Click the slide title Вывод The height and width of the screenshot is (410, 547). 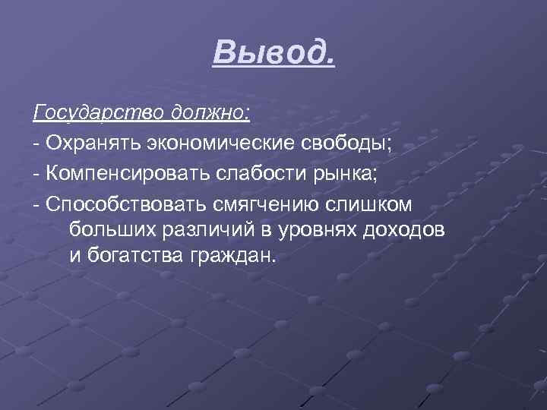pyautogui.click(x=273, y=52)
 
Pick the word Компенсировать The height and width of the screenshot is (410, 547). pyautogui.click(x=120, y=172)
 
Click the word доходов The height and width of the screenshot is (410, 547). pyautogui.click(x=404, y=229)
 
